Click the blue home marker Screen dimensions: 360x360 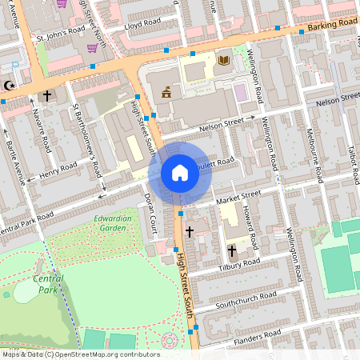180,173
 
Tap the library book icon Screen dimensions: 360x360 223,60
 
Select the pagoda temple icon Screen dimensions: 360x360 166,92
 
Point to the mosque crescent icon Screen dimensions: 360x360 10,85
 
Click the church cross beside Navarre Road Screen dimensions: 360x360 46,96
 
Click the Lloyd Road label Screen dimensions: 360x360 142,26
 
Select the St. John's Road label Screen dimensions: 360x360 58,38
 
